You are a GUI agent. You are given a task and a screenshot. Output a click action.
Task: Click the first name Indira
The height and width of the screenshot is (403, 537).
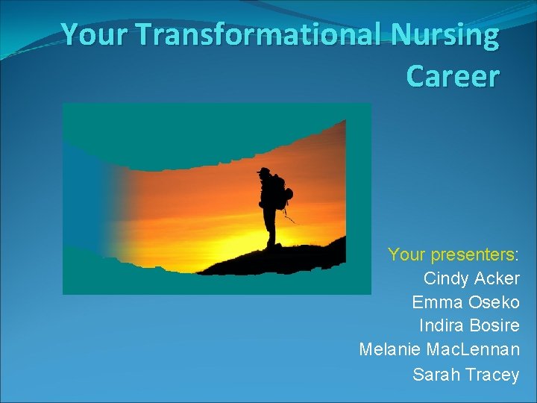[440, 327]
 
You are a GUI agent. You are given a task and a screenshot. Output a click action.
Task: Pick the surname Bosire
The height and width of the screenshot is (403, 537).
[492, 327]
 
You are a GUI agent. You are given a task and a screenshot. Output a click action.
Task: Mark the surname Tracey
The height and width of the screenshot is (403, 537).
[491, 375]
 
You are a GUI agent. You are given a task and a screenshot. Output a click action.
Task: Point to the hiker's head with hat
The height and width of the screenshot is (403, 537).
[264, 172]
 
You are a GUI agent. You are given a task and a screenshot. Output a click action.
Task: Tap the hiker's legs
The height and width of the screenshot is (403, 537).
[271, 228]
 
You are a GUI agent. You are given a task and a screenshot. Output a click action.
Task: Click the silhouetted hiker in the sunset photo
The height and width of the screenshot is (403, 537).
[271, 205]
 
